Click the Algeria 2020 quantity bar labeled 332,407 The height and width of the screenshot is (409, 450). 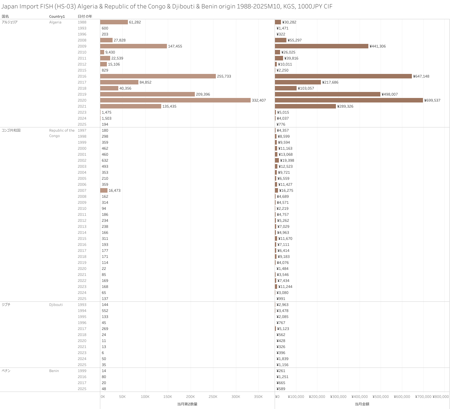(175, 100)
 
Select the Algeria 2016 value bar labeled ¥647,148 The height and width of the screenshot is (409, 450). (343, 76)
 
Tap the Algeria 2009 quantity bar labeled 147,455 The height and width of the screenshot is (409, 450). (133, 46)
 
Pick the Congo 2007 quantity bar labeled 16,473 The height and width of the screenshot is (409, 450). (104, 191)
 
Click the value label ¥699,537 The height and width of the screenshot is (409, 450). (432, 100)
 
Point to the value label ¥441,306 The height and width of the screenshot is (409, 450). (378, 46)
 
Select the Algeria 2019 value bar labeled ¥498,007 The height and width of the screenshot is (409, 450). (328, 94)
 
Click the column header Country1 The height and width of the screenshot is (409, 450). (57, 17)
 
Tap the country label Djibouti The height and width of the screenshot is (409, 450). (56, 305)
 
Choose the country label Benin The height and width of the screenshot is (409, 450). (54, 371)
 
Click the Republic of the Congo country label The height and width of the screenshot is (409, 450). (62, 133)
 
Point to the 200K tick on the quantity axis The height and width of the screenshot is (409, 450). (190, 397)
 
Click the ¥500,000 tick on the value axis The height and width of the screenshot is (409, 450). (381, 397)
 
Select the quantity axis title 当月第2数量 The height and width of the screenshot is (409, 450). (187, 404)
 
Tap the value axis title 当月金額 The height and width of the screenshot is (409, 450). (362, 404)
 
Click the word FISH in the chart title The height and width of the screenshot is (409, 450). (47, 7)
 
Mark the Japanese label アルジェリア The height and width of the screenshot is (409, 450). (10, 22)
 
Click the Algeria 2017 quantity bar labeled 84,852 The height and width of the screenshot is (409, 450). (119, 82)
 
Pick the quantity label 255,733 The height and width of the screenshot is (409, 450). (224, 76)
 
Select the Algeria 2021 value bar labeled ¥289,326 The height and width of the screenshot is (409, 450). (305, 106)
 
